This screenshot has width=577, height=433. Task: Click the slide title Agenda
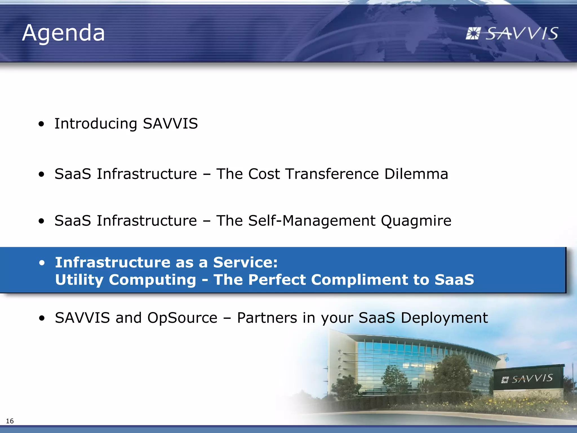pos(63,33)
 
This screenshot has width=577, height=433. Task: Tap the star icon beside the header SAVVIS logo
pos(472,34)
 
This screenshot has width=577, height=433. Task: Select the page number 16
pos(10,421)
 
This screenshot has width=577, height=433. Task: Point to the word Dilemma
pos(416,174)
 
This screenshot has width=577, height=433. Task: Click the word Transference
pos(332,174)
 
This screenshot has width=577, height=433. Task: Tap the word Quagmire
pos(416,221)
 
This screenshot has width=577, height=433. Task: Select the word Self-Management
pos(312,220)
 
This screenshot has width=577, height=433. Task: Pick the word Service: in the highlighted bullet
pos(245,262)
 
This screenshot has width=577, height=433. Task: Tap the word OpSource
pos(182,318)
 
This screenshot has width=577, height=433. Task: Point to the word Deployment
pos(444,318)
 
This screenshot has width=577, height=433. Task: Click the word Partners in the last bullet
pos(267,318)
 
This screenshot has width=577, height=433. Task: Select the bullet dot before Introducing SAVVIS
pos(41,124)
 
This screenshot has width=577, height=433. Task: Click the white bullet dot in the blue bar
pos(42,263)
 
